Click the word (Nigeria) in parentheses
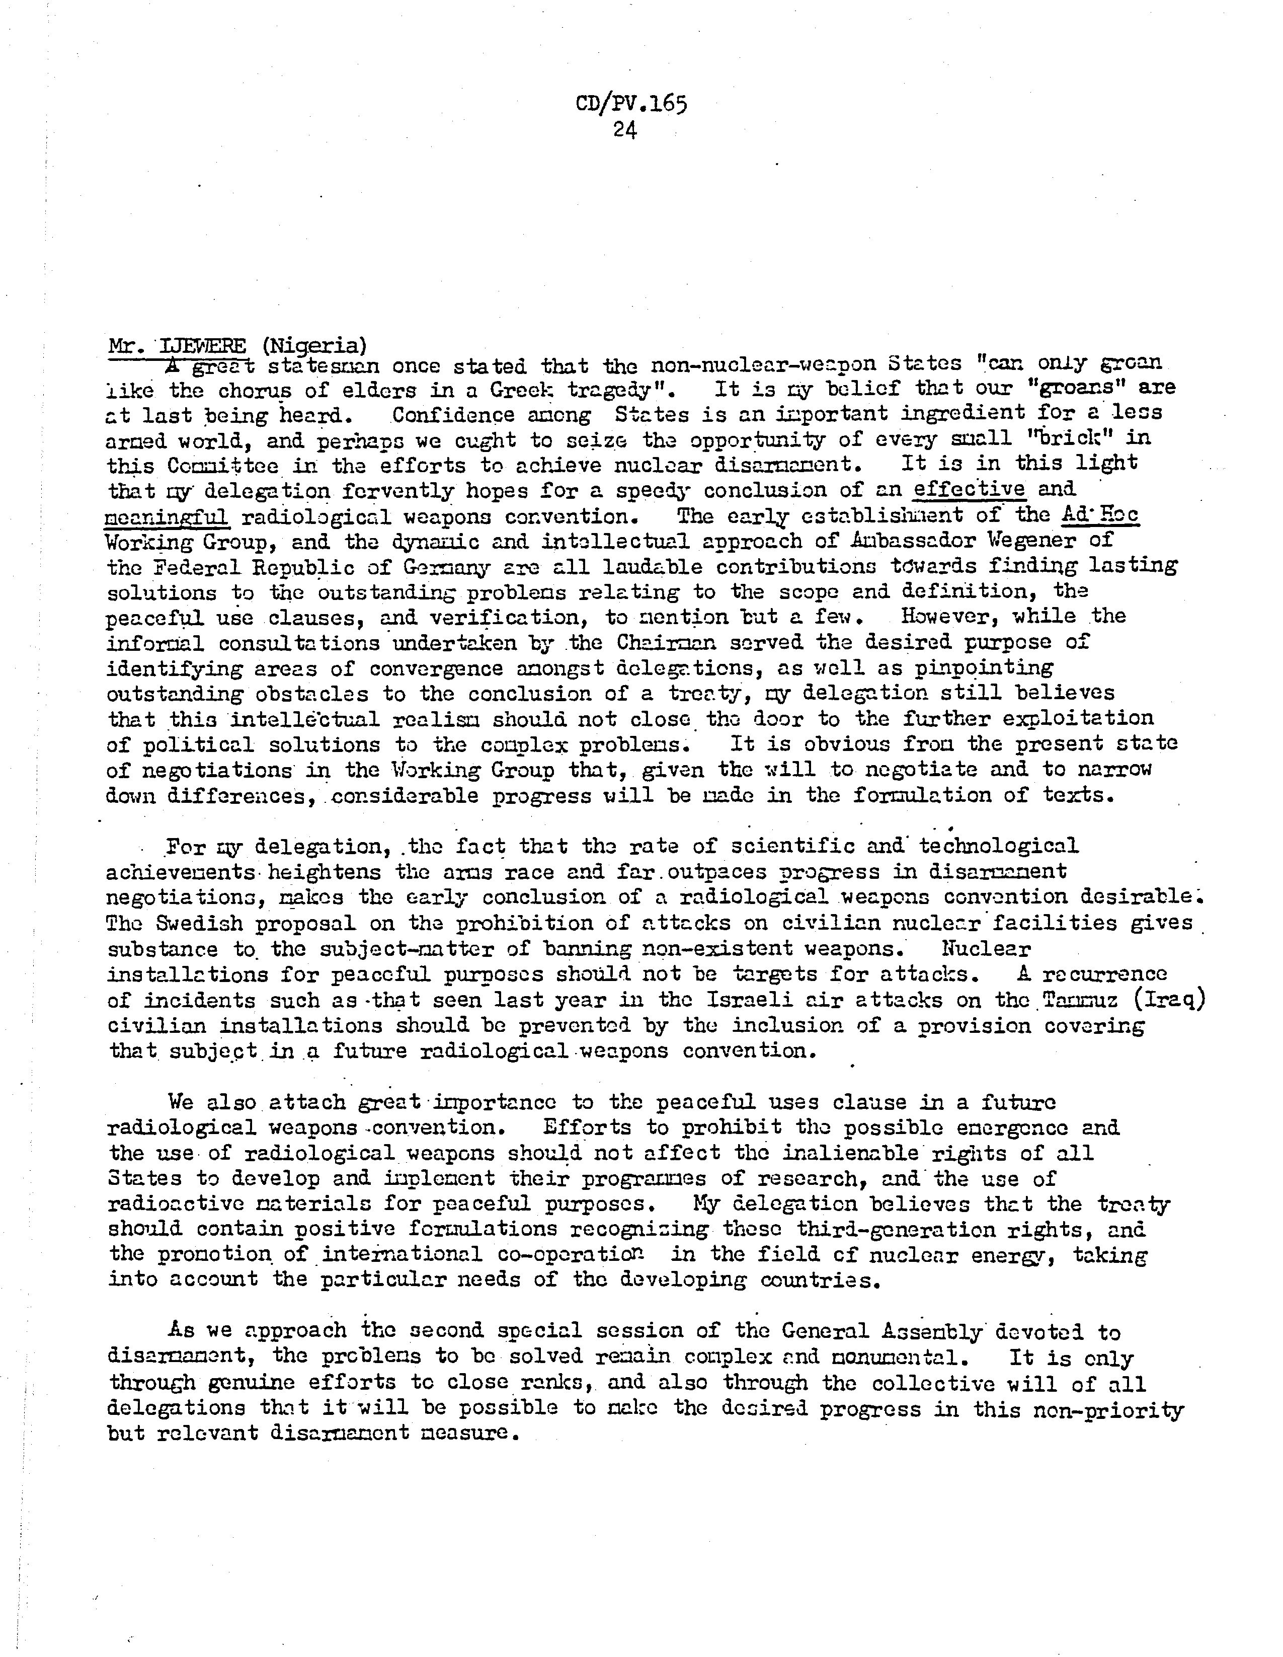click(x=314, y=346)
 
